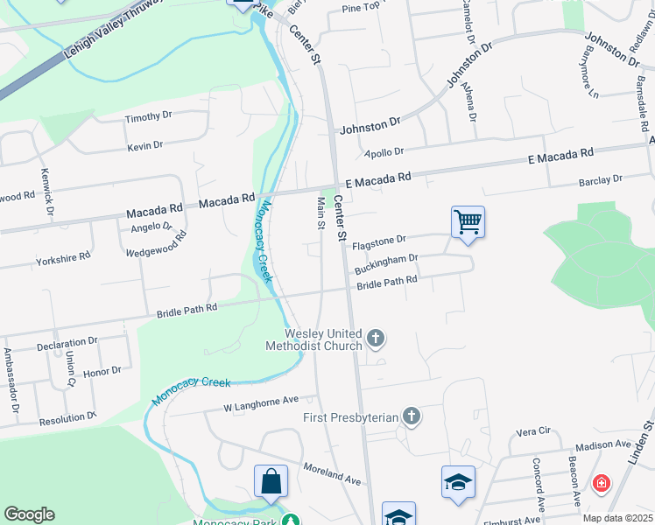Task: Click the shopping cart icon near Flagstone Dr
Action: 468,222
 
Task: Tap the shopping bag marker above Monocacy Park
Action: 271,481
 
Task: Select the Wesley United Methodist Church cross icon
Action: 376,337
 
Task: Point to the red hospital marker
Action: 602,482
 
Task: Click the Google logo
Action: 29,514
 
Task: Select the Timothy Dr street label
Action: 149,116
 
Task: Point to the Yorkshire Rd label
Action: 63,258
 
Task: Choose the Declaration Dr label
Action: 67,342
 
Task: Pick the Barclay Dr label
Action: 600,179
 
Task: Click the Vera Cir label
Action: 532,431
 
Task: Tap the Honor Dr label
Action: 102,371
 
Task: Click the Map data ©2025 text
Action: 616,518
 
